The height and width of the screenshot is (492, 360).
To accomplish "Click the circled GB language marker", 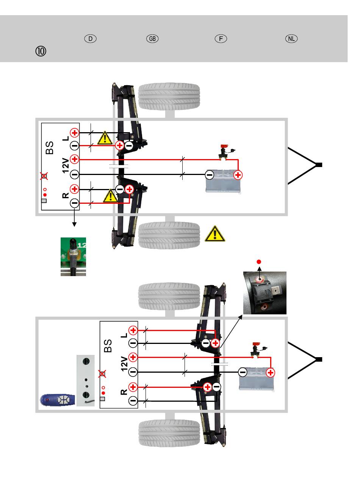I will click(x=152, y=39).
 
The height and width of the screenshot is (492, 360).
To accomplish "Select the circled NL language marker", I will click(x=292, y=39).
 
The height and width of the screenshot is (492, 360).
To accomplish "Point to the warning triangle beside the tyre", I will click(x=215, y=234).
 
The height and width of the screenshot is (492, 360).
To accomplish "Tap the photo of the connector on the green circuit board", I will click(x=73, y=257).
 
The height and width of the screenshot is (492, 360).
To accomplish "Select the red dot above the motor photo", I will click(x=260, y=262).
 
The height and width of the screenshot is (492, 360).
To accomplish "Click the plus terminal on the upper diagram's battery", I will click(x=238, y=175).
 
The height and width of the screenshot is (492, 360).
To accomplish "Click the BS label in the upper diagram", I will click(x=50, y=148).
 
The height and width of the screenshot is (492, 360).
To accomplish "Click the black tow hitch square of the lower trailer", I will click(x=319, y=359).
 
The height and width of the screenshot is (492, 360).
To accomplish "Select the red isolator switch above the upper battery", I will click(x=223, y=146).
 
